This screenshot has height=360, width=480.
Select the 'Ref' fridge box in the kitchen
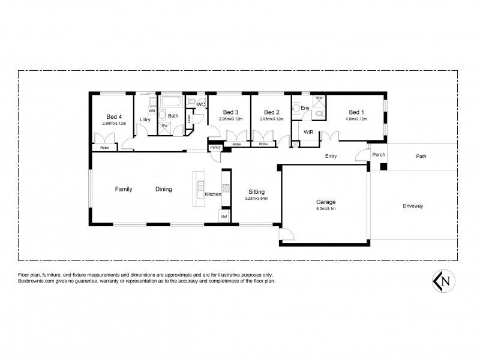[224, 216]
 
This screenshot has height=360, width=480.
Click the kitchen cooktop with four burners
[226, 188]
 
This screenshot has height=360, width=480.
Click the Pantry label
[215, 147]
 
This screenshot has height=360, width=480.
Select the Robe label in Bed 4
[104, 147]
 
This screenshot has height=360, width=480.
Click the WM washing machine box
[152, 112]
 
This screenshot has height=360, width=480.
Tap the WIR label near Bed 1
[308, 131]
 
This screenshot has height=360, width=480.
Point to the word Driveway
[413, 206]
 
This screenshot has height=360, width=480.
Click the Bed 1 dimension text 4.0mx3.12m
[356, 119]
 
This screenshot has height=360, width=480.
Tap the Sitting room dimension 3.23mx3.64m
[256, 199]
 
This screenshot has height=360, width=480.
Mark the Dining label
[163, 189]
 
